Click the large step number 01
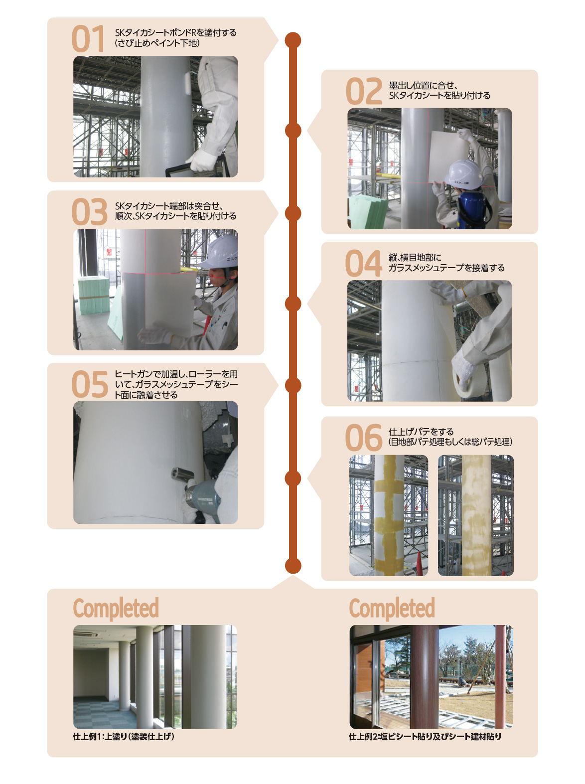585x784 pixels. click(88, 38)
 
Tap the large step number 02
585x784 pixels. click(364, 91)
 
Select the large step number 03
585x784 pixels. click(89, 212)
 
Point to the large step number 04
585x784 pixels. click(363, 264)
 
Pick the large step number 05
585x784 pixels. click(90, 384)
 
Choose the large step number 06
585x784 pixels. click(364, 438)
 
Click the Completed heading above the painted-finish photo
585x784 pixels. click(116, 608)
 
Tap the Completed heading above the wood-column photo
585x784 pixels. click(392, 608)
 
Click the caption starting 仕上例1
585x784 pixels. click(124, 737)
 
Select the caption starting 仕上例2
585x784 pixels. click(425, 737)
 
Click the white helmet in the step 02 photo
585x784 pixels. click(463, 174)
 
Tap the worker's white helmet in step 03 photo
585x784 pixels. click(221, 253)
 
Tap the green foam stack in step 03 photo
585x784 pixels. click(94, 296)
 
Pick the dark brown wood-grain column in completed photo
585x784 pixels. click(424, 677)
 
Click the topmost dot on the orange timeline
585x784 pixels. click(292, 40)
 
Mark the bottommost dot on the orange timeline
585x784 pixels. click(293, 565)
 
